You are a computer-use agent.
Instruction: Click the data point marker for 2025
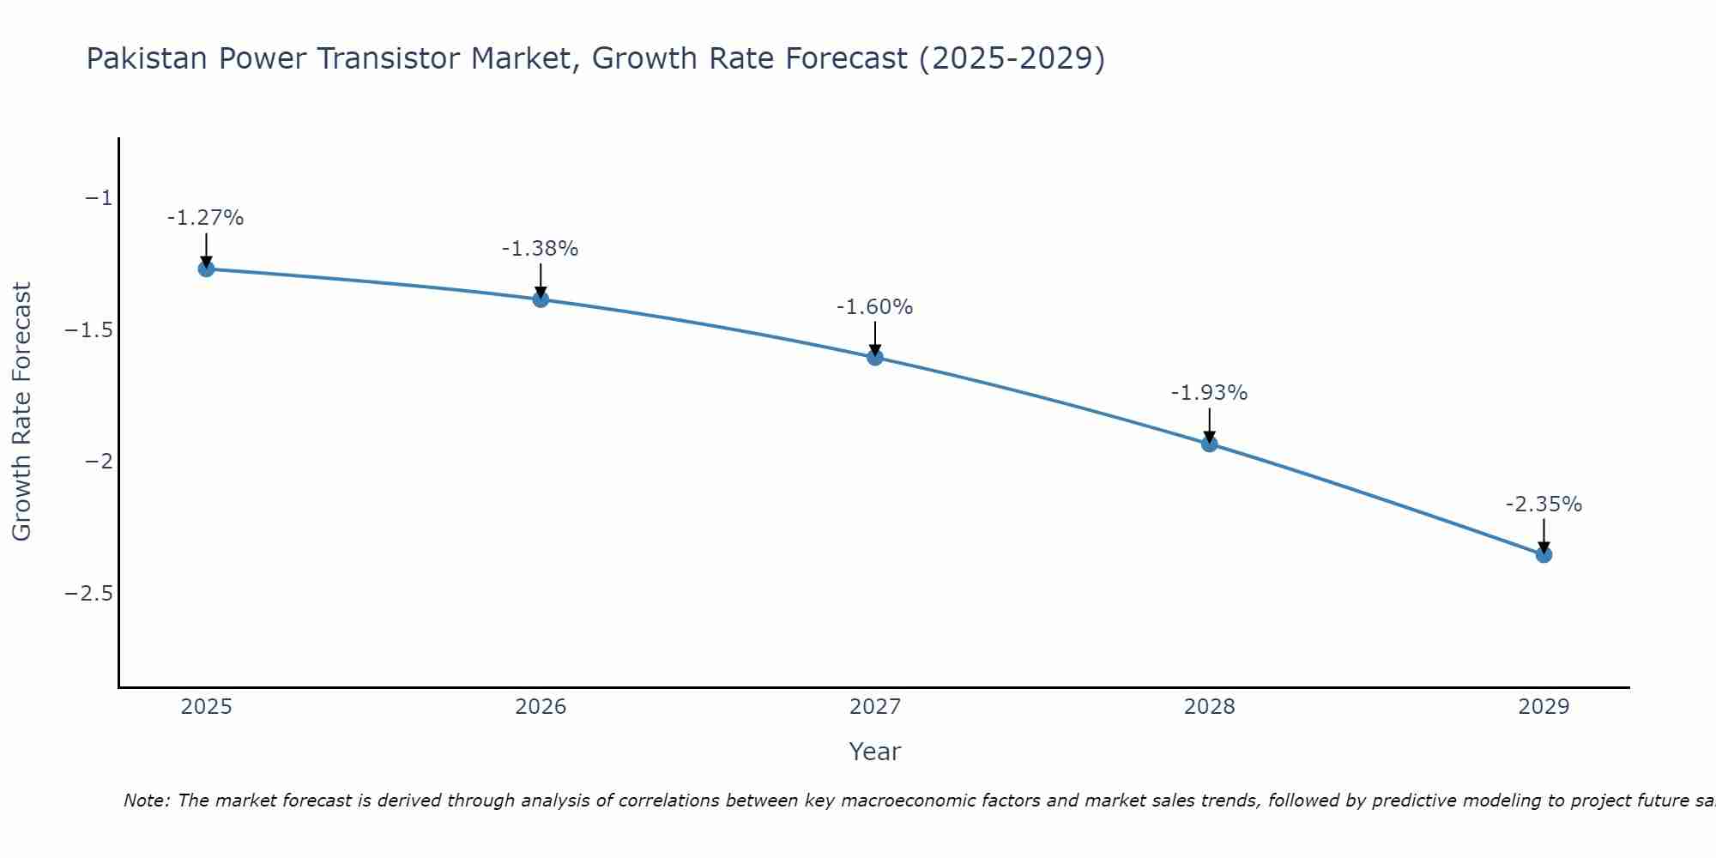[206, 269]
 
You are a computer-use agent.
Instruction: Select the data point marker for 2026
[541, 299]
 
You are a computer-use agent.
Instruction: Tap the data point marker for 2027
[875, 357]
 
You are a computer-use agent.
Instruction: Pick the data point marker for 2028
[1210, 444]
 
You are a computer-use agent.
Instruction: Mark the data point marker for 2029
[1544, 554]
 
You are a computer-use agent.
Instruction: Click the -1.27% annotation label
[206, 218]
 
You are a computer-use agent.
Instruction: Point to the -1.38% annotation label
[541, 249]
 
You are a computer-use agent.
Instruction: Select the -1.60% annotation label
[875, 307]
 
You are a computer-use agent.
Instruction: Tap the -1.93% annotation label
[1210, 393]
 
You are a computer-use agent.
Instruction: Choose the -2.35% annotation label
[1544, 505]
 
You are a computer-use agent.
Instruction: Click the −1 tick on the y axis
[99, 198]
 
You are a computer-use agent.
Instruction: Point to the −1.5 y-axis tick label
[89, 330]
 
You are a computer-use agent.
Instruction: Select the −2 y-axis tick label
[99, 462]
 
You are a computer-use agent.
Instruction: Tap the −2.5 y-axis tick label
[89, 594]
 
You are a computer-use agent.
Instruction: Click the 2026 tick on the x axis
[541, 707]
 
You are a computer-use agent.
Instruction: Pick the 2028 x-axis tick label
[1210, 707]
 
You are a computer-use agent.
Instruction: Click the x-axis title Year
[874, 752]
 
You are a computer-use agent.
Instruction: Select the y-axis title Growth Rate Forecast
[21, 411]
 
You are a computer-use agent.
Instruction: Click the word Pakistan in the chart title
[148, 59]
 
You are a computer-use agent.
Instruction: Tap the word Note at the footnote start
[147, 801]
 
